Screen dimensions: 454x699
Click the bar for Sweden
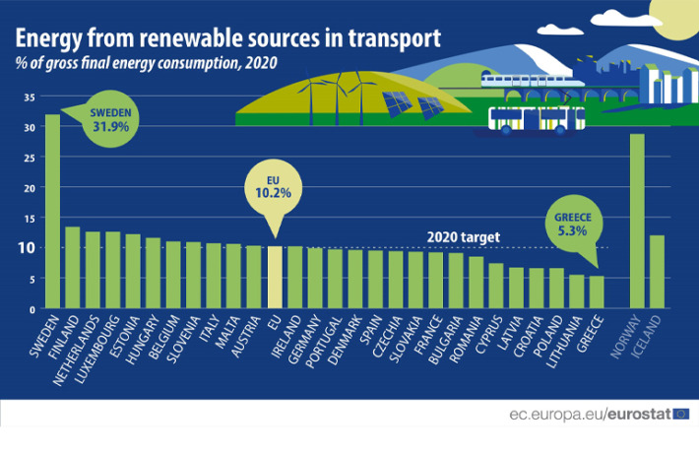click(x=52, y=212)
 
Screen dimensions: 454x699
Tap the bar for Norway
click(x=637, y=222)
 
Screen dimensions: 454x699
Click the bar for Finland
click(x=72, y=268)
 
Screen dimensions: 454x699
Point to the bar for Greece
click(x=597, y=292)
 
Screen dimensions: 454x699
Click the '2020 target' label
click(x=464, y=237)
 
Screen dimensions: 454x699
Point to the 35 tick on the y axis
click(x=30, y=97)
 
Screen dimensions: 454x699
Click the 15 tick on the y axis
click(x=30, y=218)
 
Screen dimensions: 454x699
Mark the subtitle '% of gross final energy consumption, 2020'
click(x=146, y=63)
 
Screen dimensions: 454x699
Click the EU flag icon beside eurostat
click(x=681, y=415)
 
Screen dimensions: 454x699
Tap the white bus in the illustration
click(x=537, y=119)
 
